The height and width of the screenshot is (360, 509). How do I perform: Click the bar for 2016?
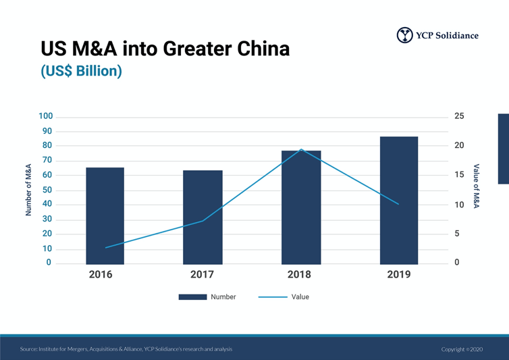pos(105,215)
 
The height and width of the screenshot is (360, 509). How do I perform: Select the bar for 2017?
pos(203,217)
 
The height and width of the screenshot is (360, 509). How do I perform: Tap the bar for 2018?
pos(301,207)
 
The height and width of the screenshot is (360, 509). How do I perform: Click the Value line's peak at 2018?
pos(301,149)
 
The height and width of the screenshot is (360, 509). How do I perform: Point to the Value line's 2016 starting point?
pos(105,248)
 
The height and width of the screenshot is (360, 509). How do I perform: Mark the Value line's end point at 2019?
pos(399,204)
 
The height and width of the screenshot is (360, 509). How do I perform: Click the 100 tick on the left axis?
pos(45,116)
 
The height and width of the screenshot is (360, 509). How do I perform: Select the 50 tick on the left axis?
pos(47,190)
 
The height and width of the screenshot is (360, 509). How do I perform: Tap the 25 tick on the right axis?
pos(458,116)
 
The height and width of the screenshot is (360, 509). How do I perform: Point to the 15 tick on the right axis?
pos(458,175)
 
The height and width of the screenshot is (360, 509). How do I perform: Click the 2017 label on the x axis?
pos(203,275)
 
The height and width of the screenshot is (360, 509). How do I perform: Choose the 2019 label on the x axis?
pos(398,275)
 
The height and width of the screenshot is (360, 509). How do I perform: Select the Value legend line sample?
pos(272,297)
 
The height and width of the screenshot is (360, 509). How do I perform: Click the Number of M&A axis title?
pos(29,190)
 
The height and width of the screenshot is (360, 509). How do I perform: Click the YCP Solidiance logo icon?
pos(404,35)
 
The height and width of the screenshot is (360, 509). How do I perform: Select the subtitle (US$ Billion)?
pos(81,71)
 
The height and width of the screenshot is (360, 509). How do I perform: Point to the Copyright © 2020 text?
pos(463,349)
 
